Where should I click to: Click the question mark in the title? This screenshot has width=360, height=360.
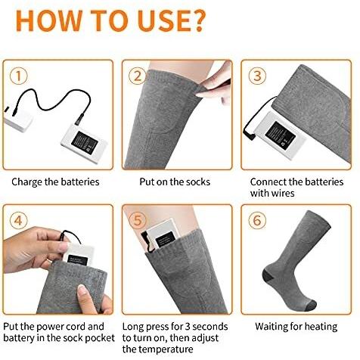197,20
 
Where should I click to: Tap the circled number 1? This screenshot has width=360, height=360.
18,76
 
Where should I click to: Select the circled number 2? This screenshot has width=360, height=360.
138,76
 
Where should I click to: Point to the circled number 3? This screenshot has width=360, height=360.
257,76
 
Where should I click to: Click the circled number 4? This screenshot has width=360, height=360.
18,221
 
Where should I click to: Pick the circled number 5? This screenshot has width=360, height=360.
138,221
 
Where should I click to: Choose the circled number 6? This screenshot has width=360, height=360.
257,221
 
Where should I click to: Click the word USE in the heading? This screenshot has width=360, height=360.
162,20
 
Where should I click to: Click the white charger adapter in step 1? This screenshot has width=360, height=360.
17,120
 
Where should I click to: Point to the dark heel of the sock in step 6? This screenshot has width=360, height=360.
268,276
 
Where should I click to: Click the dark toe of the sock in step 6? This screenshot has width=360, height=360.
311,306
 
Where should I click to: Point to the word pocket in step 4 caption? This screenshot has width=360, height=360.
100,338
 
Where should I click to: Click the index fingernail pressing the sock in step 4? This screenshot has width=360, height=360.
82,287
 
